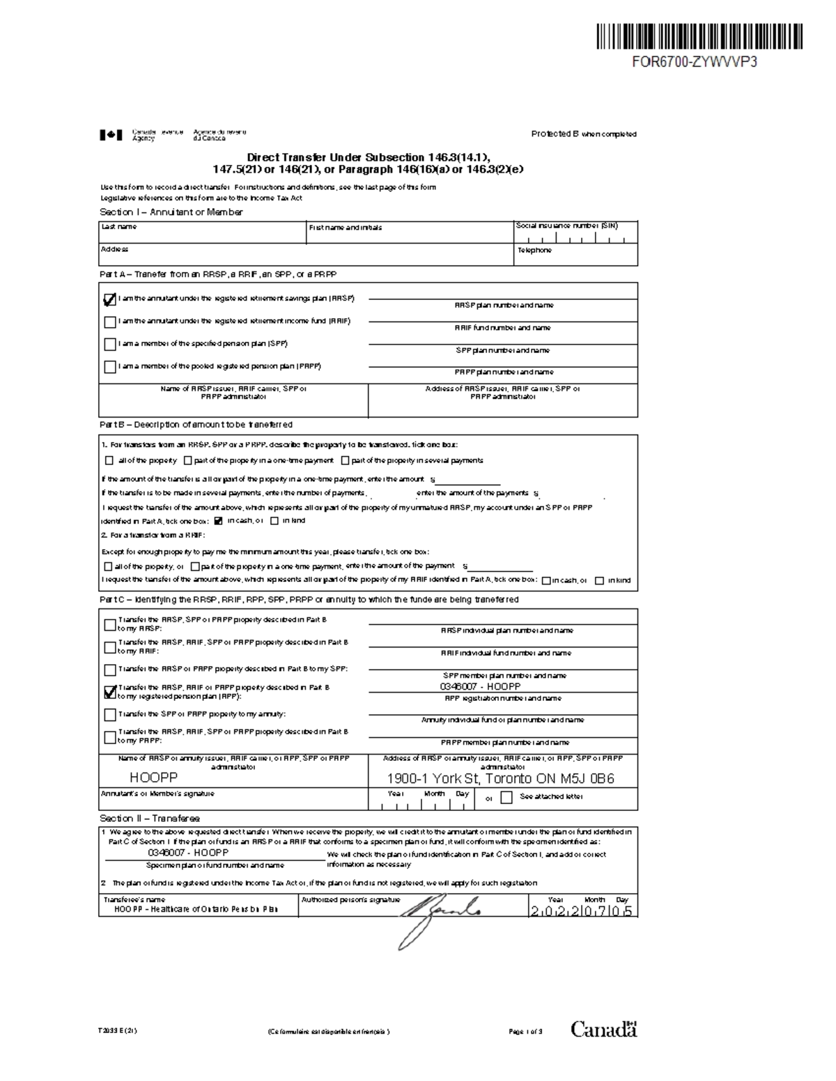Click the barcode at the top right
point(699,36)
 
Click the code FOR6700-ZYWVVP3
point(694,61)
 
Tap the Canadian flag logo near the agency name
point(111,135)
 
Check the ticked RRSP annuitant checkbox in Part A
point(109,300)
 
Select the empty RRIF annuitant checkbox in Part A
point(109,322)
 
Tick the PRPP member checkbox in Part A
point(109,367)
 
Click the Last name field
point(202,233)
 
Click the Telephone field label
point(534,250)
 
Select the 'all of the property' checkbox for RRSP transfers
point(109,461)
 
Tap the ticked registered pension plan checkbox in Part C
point(109,692)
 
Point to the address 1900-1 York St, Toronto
point(501,779)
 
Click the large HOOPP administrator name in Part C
point(154,778)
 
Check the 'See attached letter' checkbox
point(506,797)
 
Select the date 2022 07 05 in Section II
point(581,911)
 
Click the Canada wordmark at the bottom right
point(604,1029)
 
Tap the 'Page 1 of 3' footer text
point(525,1032)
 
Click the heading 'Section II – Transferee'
point(150,819)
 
